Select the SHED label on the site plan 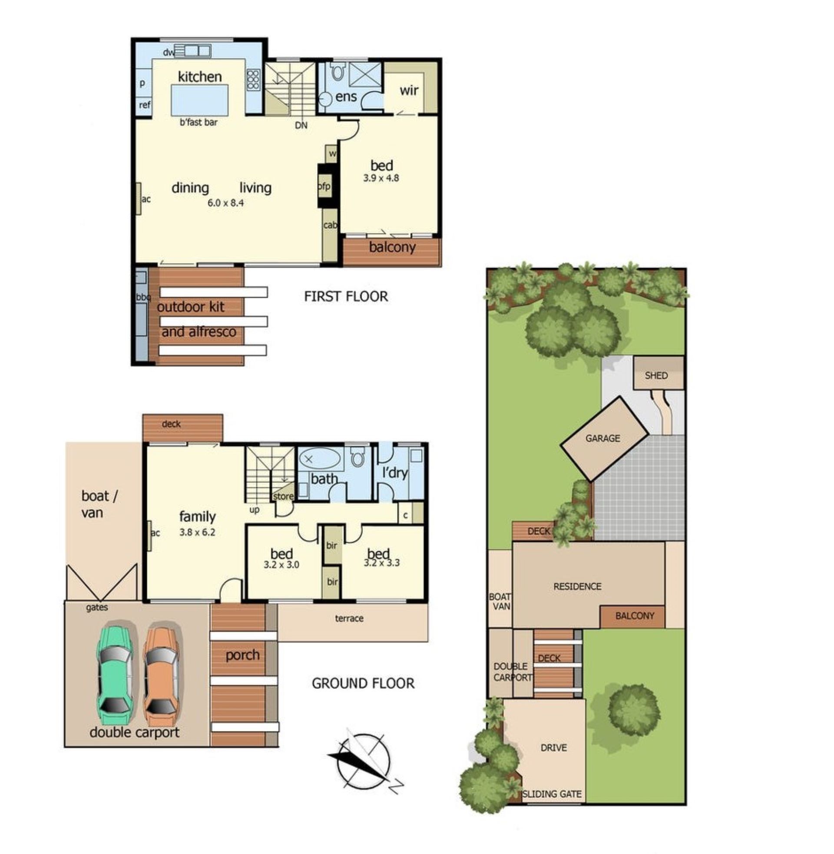[656, 375]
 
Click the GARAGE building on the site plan [605, 439]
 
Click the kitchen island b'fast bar [200, 100]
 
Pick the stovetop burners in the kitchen [253, 79]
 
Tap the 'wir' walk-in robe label [409, 91]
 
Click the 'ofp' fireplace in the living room [324, 186]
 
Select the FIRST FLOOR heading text [346, 296]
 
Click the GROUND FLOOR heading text [363, 683]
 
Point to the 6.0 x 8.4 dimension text [225, 203]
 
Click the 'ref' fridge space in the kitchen [145, 105]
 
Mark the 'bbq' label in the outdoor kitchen [143, 298]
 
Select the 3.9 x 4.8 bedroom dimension [381, 178]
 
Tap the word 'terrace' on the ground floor [349, 618]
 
